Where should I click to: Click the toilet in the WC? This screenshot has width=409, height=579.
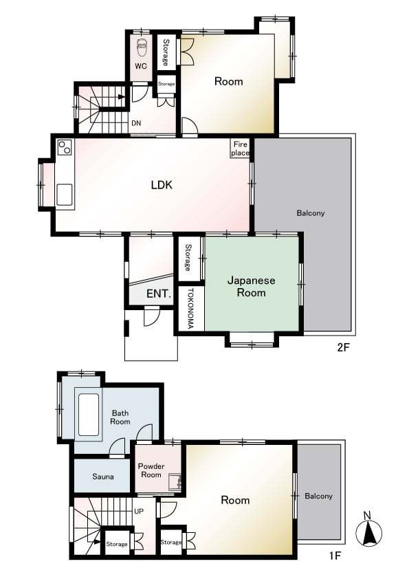142,47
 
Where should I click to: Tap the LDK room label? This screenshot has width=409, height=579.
162,184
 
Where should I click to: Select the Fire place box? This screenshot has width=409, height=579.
241,149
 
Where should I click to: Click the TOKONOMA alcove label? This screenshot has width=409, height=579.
190,308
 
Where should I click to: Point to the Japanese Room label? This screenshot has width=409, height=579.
251,287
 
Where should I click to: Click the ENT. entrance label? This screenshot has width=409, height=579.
159,294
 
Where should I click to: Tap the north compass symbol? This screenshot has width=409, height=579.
368,531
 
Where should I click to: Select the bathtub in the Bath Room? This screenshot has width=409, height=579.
89,415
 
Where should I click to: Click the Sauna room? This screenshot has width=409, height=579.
102,477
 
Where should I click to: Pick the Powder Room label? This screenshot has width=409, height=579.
151,470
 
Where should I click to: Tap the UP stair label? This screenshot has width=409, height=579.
139,512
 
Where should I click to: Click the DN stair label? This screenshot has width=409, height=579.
136,123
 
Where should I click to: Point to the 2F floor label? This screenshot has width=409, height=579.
343,347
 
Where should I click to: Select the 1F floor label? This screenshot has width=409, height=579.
335,556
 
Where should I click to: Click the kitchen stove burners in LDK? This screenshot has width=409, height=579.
65,147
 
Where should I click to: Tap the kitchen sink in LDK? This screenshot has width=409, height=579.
65,195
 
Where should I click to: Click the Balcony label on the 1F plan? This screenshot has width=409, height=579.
318,496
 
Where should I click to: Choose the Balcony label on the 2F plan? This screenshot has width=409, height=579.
311,213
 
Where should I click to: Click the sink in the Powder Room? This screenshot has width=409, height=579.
174,481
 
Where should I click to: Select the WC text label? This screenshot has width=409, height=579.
141,66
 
